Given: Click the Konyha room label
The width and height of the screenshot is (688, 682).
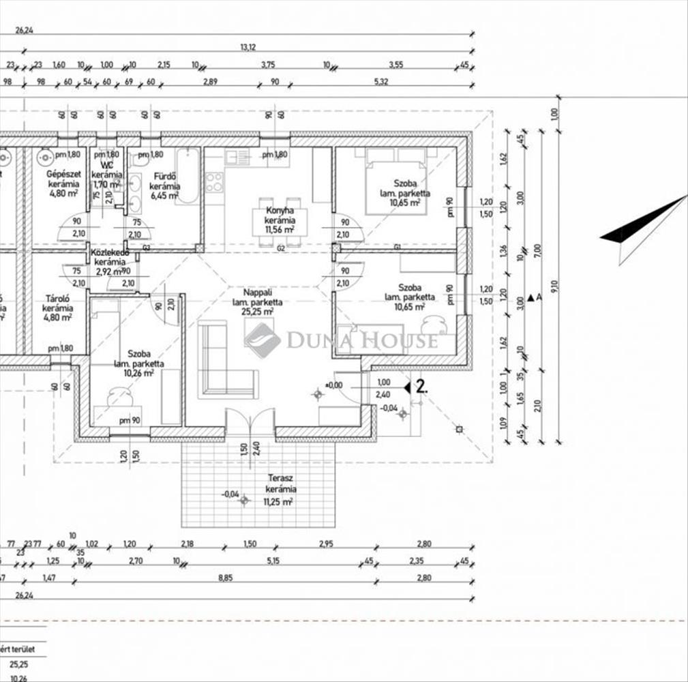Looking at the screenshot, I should click(280, 211).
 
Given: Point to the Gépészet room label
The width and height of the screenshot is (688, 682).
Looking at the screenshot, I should click(63, 174).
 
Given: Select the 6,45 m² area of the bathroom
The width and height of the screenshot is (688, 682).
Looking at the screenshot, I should click(164, 196).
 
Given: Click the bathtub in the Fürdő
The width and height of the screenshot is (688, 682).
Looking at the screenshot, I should click(188, 175).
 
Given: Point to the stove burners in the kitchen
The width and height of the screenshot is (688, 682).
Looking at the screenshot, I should click(214, 181).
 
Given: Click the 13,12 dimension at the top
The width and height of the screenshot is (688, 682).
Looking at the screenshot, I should click(248, 47).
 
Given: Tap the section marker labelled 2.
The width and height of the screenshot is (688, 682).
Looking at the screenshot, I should click(416, 387).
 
